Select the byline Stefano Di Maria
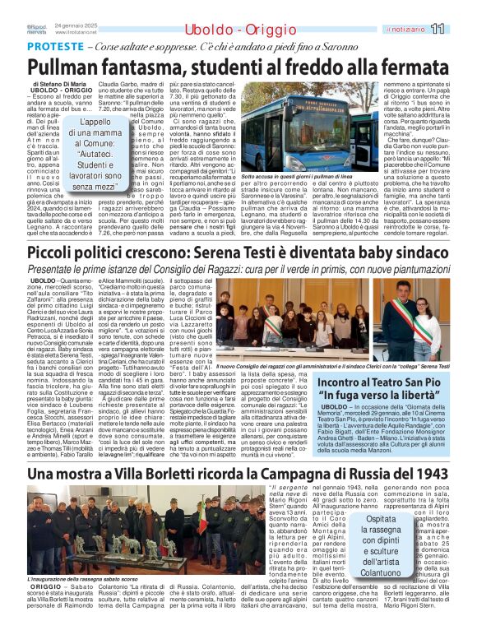73,84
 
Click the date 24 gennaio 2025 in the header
76,25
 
